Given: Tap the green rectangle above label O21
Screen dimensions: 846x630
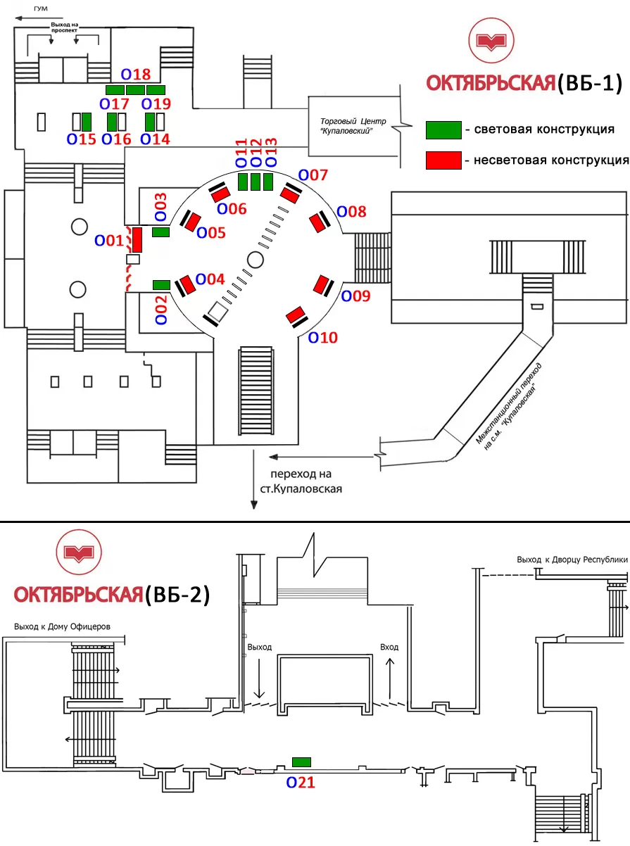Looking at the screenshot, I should [301, 762].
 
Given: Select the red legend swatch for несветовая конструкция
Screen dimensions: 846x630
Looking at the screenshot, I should [443, 160].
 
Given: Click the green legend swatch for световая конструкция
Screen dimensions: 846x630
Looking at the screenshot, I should [443, 130].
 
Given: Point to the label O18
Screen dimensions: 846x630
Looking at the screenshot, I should [136, 74].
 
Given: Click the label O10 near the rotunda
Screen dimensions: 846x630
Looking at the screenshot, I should [323, 338].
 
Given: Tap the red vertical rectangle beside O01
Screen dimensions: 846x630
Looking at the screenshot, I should [138, 240].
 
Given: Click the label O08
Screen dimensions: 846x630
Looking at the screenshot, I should [352, 211].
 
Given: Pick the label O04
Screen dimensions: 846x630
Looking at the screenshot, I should [210, 279].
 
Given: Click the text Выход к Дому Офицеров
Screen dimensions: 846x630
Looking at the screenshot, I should [63, 606].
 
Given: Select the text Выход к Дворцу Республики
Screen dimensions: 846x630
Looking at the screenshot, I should [571, 560].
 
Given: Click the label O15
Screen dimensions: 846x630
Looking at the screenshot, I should [81, 139].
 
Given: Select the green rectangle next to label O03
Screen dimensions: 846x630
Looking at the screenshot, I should [161, 232].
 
